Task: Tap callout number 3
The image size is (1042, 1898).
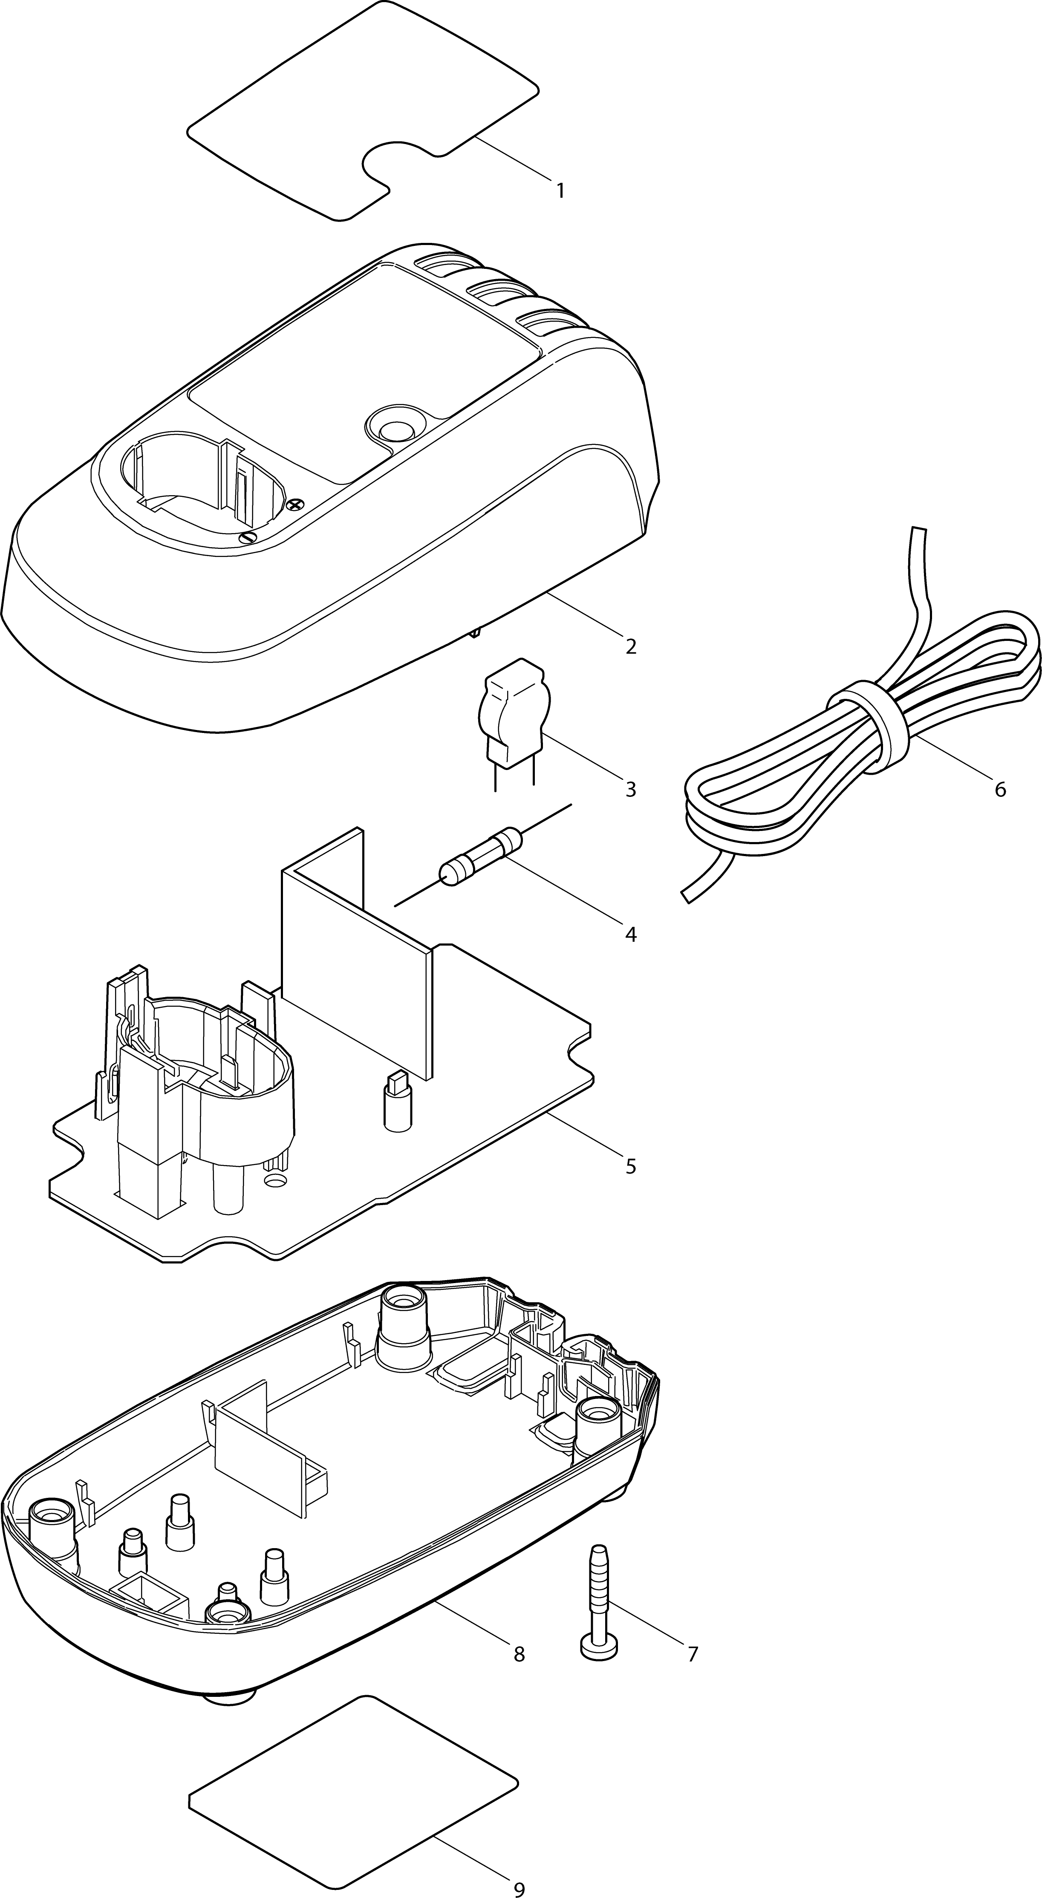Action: (631, 790)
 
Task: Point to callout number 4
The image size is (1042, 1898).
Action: (631, 934)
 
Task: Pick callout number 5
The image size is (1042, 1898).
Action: (631, 1166)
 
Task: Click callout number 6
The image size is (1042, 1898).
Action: (1000, 790)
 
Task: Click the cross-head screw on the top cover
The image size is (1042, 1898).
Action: (295, 505)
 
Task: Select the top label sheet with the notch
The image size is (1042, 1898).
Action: (363, 110)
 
